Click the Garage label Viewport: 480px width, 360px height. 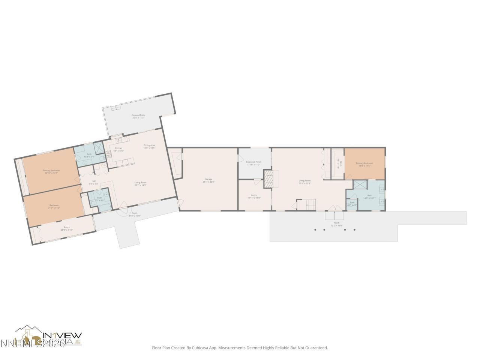pyautogui.click(x=208, y=180)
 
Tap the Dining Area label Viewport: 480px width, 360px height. pyautogui.click(x=149, y=146)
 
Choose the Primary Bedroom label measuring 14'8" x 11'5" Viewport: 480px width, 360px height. pyautogui.click(x=364, y=164)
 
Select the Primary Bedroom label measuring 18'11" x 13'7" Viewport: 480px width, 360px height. pyautogui.click(x=51, y=171)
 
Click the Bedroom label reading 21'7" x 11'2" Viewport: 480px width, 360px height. pyautogui.click(x=54, y=206)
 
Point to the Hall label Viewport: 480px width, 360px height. pyautogui.click(x=93, y=182)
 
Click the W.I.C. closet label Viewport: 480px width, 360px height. pyautogui.click(x=338, y=163)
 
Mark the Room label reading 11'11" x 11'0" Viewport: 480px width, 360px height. pyautogui.click(x=254, y=196)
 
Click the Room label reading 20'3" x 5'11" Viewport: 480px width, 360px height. pyautogui.click(x=67, y=228)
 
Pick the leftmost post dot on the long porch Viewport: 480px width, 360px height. pyautogui.click(x=315, y=229)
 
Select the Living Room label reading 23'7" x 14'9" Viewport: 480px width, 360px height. pyautogui.click(x=140, y=183)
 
